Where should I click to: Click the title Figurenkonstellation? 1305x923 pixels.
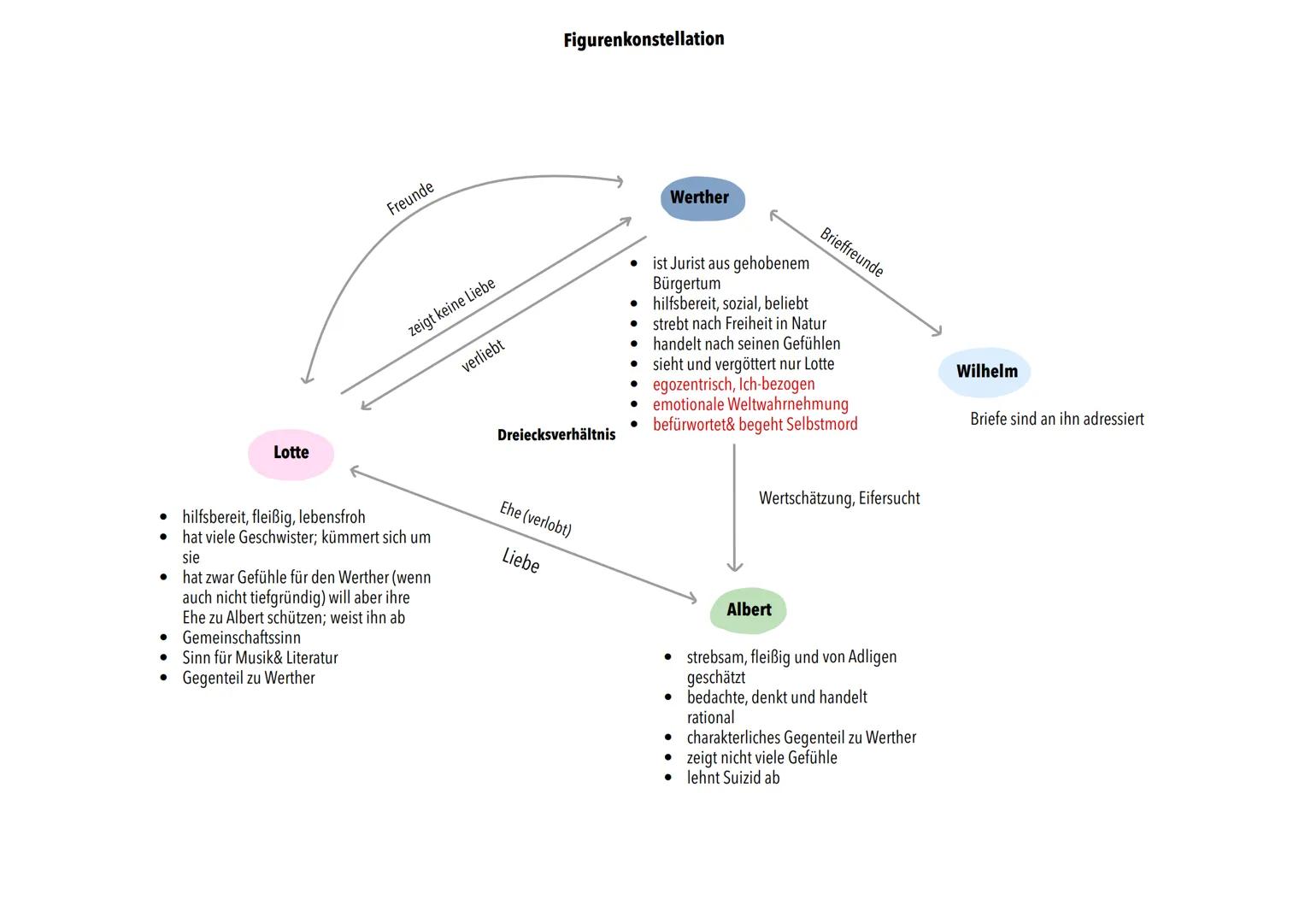tap(644, 39)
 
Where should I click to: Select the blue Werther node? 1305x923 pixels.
tap(702, 198)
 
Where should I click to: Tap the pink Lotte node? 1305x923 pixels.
tap(291, 453)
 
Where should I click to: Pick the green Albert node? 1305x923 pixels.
tap(749, 610)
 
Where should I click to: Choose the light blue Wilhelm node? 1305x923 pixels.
tap(985, 372)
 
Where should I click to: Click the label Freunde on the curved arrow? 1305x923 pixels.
tap(410, 198)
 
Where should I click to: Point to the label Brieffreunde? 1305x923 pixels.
tap(851, 252)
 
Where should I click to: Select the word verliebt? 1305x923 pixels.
tap(483, 356)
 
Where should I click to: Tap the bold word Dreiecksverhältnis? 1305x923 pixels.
tap(556, 435)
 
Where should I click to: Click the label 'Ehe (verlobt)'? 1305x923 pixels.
tap(536, 519)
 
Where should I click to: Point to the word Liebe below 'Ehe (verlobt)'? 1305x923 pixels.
tap(520, 561)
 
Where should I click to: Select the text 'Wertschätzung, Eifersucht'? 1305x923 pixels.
tap(839, 498)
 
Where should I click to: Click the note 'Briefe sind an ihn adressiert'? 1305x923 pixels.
tap(1056, 420)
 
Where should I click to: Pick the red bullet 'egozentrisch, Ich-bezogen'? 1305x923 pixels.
tap(733, 385)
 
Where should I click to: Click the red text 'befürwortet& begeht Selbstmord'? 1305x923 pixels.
tap(755, 425)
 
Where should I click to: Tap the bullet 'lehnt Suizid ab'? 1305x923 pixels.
tap(732, 778)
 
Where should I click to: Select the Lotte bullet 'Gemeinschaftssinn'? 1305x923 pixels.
tap(241, 638)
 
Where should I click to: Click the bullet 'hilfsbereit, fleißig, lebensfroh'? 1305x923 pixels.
tap(273, 517)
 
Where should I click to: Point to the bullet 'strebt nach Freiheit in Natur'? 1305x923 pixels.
tap(739, 324)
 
